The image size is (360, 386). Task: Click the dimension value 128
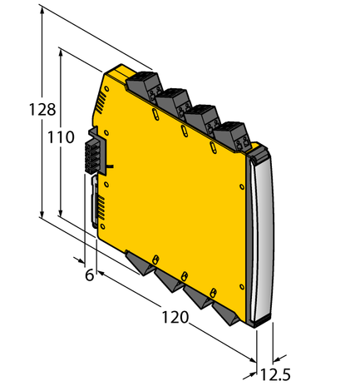[42, 109]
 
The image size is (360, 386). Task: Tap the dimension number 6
[89, 275]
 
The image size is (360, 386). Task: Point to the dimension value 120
[175, 317]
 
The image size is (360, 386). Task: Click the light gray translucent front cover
[264, 236]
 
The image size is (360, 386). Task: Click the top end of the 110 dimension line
[62, 49]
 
